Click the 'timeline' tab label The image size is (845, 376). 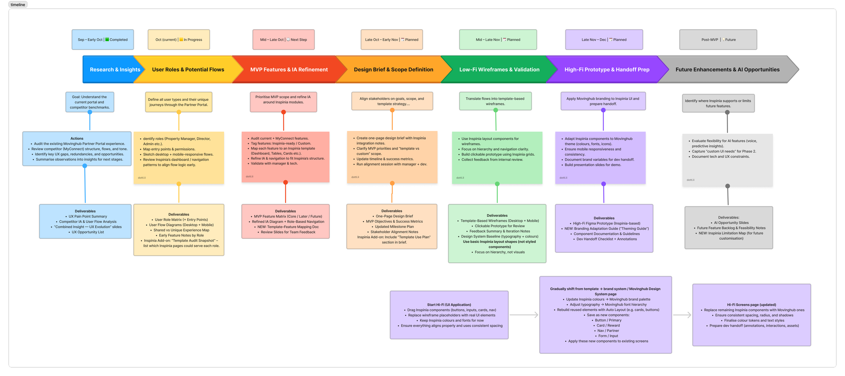18,5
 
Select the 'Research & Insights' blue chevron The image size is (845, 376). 112,69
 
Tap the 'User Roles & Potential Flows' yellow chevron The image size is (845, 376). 188,69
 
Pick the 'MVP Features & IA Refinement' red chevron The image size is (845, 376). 289,69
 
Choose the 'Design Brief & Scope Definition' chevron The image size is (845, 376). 393,69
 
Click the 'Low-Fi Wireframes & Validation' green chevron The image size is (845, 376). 499,69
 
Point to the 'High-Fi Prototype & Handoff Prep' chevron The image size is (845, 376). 607,69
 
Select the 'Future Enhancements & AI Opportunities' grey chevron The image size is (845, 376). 727,69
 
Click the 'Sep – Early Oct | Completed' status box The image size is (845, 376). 103,40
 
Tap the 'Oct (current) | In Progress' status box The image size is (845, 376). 179,40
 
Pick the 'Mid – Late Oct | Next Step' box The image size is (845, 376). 284,40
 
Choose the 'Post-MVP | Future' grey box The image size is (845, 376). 718,40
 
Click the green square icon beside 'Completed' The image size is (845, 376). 107,40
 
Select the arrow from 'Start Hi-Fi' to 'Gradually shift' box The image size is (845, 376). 524,315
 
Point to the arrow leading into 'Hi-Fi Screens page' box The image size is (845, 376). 682,315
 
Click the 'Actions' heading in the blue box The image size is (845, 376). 77,138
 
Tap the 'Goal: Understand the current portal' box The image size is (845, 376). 90,102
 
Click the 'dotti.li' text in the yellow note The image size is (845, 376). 142,178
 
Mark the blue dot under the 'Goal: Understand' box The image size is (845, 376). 90,112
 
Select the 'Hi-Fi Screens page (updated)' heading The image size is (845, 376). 751,305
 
